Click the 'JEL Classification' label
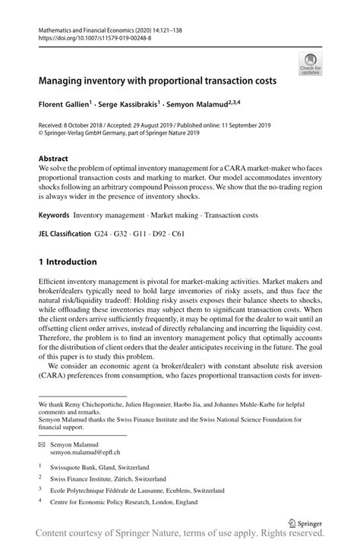pyautogui.click(x=69, y=233)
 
